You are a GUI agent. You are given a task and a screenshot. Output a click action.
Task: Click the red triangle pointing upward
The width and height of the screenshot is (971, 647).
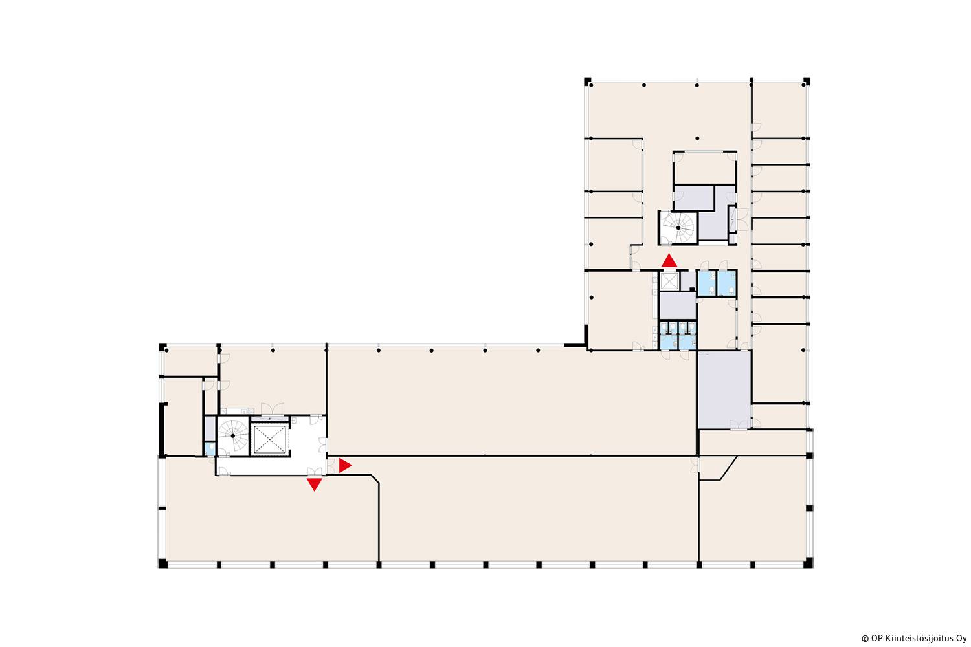coord(669,261)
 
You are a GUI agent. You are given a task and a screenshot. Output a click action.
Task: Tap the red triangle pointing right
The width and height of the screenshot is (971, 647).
coord(344,465)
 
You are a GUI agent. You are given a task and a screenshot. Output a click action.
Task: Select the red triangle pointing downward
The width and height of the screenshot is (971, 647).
coord(314,484)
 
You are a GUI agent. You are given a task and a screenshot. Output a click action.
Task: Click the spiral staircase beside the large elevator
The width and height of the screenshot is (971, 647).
coord(233,435)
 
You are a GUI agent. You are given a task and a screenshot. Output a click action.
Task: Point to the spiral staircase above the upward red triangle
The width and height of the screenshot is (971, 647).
coord(678,228)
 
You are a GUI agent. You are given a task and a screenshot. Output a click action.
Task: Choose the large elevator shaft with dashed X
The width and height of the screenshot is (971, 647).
coord(270,439)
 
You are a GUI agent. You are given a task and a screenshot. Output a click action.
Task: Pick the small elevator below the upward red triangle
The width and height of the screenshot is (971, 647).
coord(669,281)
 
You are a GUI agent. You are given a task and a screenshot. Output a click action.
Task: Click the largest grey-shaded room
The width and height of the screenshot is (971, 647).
coord(724,389)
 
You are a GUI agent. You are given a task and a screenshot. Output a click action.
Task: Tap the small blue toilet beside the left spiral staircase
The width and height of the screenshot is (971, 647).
coord(210,448)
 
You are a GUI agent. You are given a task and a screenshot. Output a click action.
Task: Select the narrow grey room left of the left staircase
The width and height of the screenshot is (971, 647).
coord(210,428)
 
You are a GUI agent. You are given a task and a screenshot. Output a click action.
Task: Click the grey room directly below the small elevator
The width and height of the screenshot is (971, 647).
coord(678,305)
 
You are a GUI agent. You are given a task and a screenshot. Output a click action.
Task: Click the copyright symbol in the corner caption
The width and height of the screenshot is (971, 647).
coord(865,639)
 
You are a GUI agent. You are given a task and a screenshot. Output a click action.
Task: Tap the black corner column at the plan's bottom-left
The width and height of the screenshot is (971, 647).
coord(162,564)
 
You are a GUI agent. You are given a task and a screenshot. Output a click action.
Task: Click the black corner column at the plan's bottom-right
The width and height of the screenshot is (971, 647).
coord(808,563)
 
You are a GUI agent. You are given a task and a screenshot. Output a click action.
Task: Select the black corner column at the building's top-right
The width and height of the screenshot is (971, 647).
coord(807,81)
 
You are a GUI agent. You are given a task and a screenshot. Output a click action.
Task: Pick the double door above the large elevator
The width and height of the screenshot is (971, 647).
coord(273,409)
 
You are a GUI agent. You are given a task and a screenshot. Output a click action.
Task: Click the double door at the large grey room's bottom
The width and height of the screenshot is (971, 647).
coord(739,424)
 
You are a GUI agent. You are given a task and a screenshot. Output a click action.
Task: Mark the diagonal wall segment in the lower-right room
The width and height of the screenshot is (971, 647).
coord(728,468)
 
